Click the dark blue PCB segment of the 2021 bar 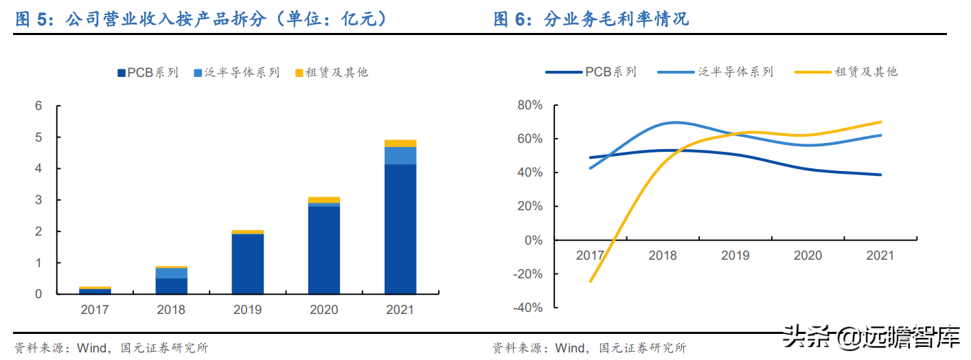(400, 229)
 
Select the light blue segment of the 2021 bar (400, 155)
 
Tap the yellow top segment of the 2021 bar (400, 143)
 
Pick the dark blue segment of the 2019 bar (248, 264)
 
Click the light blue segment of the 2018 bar (172, 273)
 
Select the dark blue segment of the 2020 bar (324, 249)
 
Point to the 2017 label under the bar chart (95, 310)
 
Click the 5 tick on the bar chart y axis (39, 137)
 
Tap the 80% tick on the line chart (529, 105)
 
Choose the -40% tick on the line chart (527, 308)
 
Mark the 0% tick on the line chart (532, 240)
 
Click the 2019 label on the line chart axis (735, 256)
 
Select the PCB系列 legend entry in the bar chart (148, 72)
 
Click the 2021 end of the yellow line (880, 122)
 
